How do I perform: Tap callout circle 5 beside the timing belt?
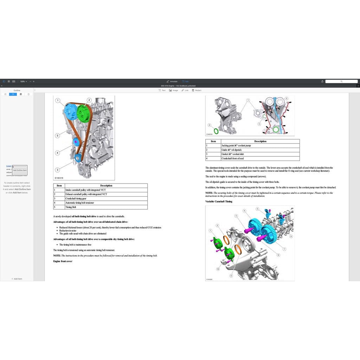coord(57,135)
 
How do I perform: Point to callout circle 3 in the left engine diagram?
coord(57,170)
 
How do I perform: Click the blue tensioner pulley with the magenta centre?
coord(76,141)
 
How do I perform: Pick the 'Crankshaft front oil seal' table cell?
coord(232,158)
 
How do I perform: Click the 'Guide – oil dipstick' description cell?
coord(231,150)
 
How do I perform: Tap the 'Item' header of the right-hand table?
coord(213,141)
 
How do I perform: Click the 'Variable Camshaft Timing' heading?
coord(219,201)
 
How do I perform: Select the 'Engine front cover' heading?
coord(63,261)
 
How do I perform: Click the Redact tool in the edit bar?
coord(197,90)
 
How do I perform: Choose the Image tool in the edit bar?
coord(173,90)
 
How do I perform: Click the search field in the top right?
coord(341,81)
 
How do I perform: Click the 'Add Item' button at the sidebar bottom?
coord(17,279)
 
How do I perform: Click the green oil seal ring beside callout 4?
coord(216,131)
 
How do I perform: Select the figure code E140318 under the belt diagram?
coord(59,178)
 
